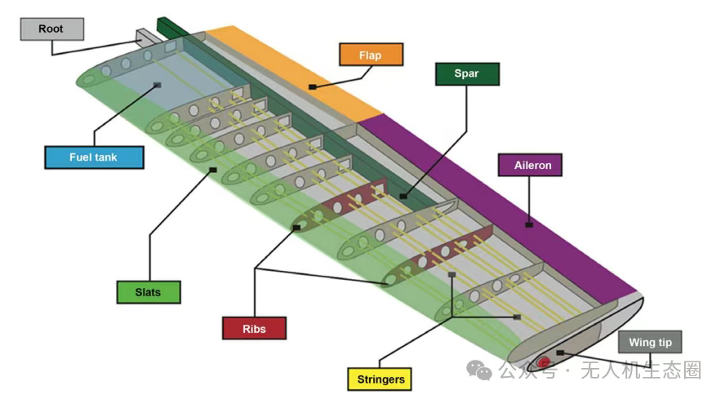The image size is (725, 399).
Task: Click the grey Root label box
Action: [x=51, y=29]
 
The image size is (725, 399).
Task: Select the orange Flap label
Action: [x=371, y=55]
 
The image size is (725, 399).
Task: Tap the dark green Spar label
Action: [x=466, y=74]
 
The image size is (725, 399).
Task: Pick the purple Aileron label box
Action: [x=532, y=165]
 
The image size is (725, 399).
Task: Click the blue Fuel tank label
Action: [x=94, y=157]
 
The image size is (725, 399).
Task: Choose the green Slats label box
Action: [x=146, y=291]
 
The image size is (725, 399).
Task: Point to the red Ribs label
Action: [x=254, y=329]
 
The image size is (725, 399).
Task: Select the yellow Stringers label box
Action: [x=381, y=379]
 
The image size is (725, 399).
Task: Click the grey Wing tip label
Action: [x=649, y=343]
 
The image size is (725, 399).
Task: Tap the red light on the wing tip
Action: [x=545, y=360]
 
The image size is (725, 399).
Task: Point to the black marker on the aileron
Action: [x=529, y=224]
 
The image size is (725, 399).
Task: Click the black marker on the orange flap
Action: [x=312, y=86]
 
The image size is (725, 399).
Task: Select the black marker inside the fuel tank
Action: [x=156, y=85]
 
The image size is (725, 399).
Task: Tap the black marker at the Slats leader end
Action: [x=212, y=171]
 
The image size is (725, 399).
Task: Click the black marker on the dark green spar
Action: [x=403, y=196]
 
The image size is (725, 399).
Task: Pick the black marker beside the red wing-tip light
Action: [x=559, y=352]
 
